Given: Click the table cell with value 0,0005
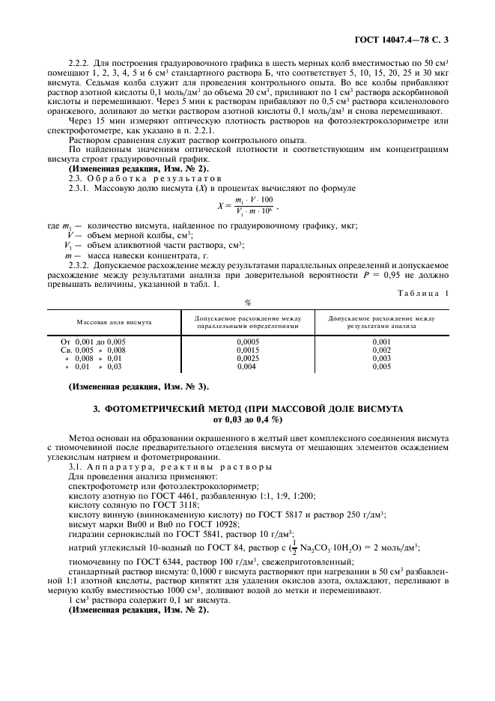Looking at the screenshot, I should coord(247,342).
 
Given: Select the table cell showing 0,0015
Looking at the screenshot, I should coord(247,350).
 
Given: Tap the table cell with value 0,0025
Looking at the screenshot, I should coord(247,358).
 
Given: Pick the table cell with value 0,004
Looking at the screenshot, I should coord(247,366).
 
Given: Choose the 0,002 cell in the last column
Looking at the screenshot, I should coord(381,350).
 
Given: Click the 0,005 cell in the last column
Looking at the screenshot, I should coord(381,366).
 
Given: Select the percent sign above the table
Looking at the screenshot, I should coord(247,303).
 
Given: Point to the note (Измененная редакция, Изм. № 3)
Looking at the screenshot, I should coord(139,386).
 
